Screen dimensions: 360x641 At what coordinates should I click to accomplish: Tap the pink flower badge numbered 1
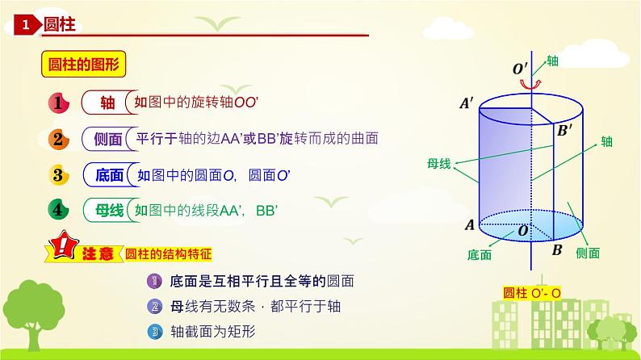(59, 103)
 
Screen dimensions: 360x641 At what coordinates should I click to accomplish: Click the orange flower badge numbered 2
(59, 139)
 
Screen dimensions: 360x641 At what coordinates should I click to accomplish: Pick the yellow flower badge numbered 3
(59, 174)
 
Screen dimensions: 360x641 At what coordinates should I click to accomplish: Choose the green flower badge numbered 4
(59, 210)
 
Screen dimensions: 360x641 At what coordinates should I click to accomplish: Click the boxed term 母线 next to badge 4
(107, 210)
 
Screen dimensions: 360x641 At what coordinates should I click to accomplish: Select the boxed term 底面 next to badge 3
(107, 174)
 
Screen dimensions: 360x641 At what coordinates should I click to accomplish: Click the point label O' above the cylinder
(520, 69)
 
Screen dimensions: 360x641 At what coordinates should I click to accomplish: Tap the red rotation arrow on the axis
(530, 83)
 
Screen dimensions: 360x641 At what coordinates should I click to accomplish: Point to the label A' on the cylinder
(466, 103)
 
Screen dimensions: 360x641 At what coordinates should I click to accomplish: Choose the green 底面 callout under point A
(479, 254)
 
